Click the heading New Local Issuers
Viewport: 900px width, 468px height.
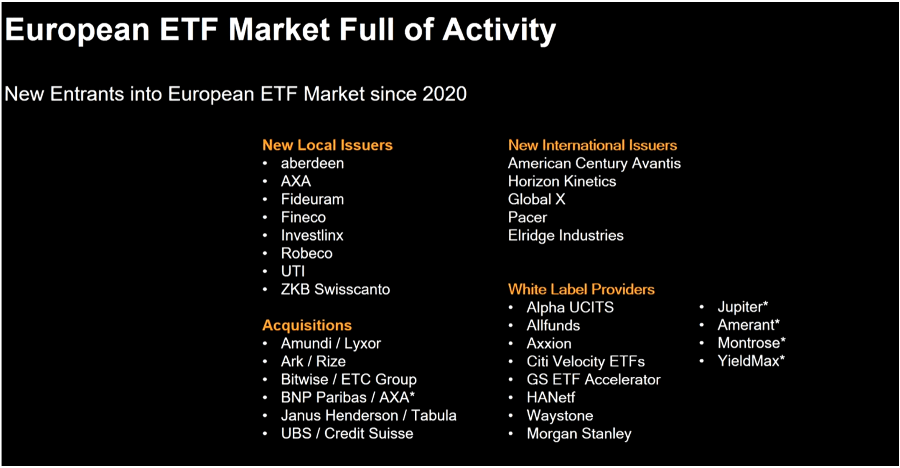(327, 145)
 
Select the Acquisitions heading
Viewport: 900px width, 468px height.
(307, 325)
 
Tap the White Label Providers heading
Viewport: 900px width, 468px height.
(581, 289)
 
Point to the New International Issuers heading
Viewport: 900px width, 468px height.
(592, 145)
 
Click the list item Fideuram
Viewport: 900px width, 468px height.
(312, 199)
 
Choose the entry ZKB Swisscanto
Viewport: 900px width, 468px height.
(335, 289)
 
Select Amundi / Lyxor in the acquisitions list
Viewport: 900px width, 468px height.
(331, 343)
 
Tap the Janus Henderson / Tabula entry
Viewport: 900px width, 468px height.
(369, 415)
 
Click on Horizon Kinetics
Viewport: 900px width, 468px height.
(562, 181)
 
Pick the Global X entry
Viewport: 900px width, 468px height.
(537, 199)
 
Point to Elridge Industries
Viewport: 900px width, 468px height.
(566, 235)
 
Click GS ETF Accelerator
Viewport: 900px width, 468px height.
(593, 379)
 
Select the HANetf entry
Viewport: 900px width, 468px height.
(551, 397)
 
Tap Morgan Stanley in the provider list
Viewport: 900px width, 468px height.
(579, 434)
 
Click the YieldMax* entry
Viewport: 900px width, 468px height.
(751, 361)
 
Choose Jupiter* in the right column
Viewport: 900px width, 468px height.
(743, 307)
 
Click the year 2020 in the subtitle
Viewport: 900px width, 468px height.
(445, 94)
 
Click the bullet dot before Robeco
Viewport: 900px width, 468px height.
(265, 253)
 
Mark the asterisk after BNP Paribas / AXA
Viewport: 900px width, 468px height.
(412, 394)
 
